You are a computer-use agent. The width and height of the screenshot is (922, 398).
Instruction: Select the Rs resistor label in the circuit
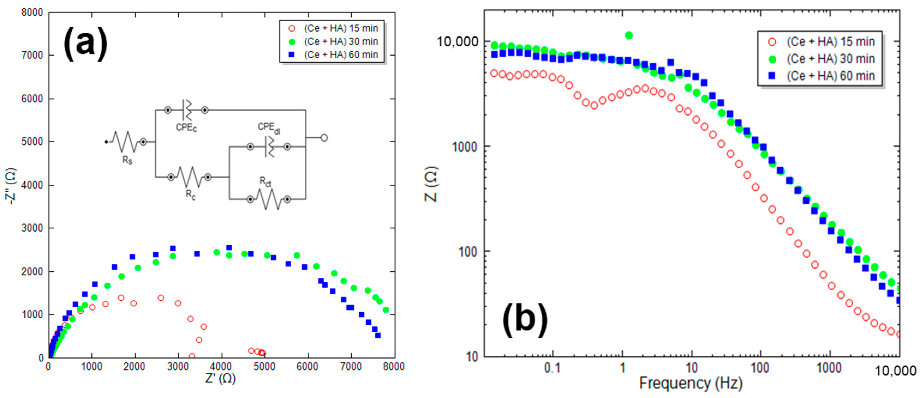tap(127, 160)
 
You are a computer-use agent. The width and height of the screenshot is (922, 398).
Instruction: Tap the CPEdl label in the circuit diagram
tap(269, 128)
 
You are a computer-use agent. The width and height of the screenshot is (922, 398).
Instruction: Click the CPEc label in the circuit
tap(186, 127)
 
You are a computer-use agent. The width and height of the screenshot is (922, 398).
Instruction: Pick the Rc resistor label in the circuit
tap(190, 195)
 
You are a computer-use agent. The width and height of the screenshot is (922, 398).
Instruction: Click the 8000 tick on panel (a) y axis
tap(32, 13)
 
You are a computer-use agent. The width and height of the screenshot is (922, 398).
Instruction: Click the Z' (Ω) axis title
tap(220, 378)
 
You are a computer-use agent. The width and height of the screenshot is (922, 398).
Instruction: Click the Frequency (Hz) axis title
tap(691, 383)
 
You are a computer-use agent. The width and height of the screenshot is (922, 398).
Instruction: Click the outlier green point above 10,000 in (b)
tap(628, 35)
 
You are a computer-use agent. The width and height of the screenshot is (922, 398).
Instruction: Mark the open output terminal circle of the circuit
tap(324, 138)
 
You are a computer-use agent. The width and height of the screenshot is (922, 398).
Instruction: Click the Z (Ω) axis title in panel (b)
tap(431, 184)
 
